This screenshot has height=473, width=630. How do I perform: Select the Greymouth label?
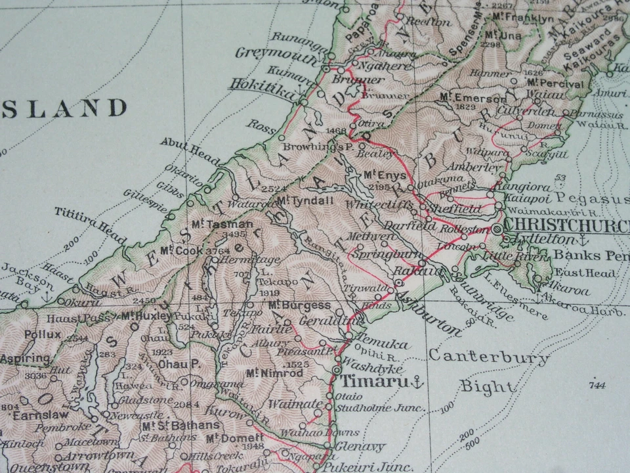tap(267, 54)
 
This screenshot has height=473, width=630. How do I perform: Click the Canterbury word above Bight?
tap(488, 357)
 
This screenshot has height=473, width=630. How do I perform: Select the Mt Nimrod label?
tap(275, 372)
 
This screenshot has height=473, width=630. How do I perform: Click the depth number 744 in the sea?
tap(597, 384)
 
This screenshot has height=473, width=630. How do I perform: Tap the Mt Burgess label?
tap(299, 305)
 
